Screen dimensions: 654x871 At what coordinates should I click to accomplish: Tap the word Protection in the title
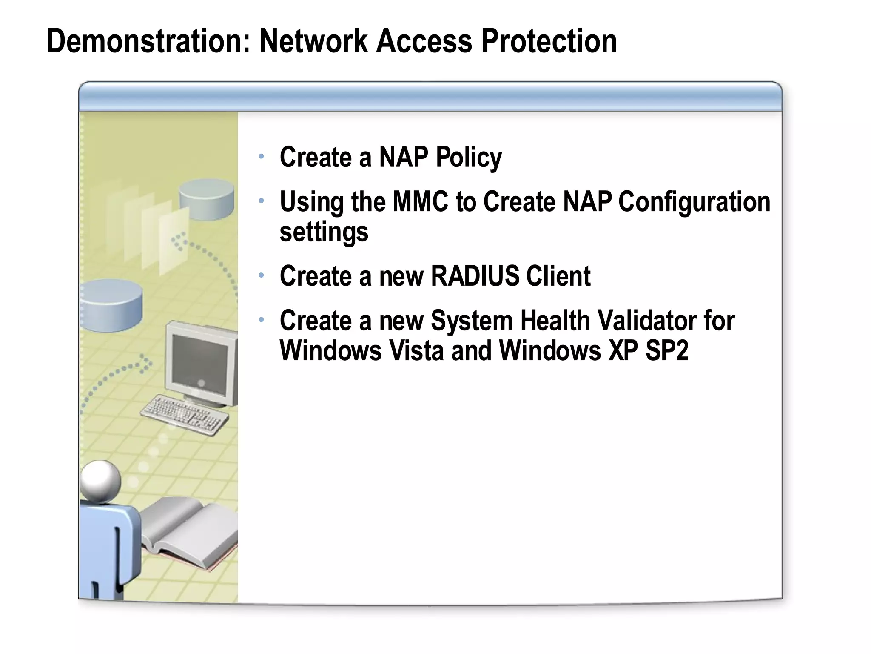pyautogui.click(x=549, y=41)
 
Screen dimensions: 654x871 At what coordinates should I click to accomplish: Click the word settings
pyautogui.click(x=324, y=232)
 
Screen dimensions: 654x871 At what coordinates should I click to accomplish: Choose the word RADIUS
pyautogui.click(x=475, y=276)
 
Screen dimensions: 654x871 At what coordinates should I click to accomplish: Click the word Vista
pyautogui.click(x=416, y=350)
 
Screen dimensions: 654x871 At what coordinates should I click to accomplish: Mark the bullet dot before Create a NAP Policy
pyautogui.click(x=262, y=157)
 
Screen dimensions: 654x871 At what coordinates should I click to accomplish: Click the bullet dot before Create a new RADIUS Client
pyautogui.click(x=262, y=275)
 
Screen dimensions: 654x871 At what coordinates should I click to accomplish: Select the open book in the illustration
pyautogui.click(x=191, y=532)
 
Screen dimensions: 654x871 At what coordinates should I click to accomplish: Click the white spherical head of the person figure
pyautogui.click(x=100, y=480)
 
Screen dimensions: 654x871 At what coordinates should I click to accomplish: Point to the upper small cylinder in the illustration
pyautogui.click(x=207, y=199)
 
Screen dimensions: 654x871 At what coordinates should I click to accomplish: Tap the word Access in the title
pyautogui.click(x=424, y=41)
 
